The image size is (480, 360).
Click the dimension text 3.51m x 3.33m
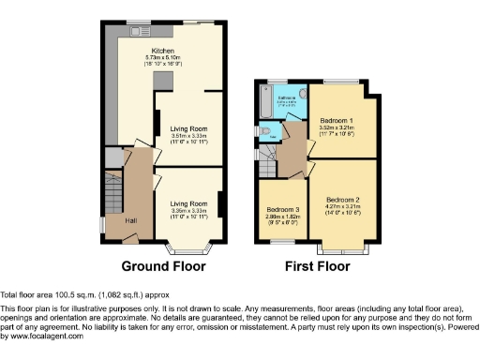click(183, 136)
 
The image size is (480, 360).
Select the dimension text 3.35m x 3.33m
click(183, 211)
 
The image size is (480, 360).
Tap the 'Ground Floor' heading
click(164, 265)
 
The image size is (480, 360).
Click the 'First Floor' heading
click(318, 265)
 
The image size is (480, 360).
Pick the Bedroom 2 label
click(343, 199)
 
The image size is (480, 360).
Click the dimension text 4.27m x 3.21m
click(343, 206)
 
